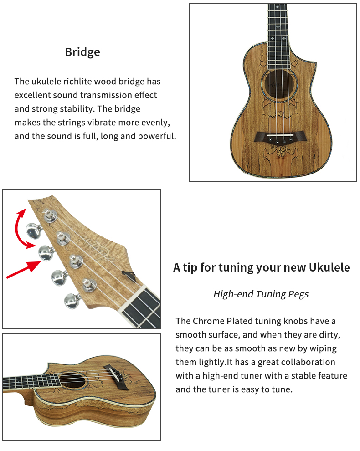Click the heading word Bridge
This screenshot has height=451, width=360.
pyautogui.click(x=82, y=52)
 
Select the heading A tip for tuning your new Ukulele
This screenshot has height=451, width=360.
pyautogui.click(x=261, y=267)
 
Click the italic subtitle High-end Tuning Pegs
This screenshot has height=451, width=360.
pyautogui.click(x=261, y=294)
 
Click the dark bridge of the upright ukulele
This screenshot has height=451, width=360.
pyautogui.click(x=279, y=136)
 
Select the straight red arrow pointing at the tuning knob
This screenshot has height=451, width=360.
pyautogui.click(x=23, y=270)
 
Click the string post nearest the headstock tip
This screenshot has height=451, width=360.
pyautogui.click(x=50, y=215)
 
